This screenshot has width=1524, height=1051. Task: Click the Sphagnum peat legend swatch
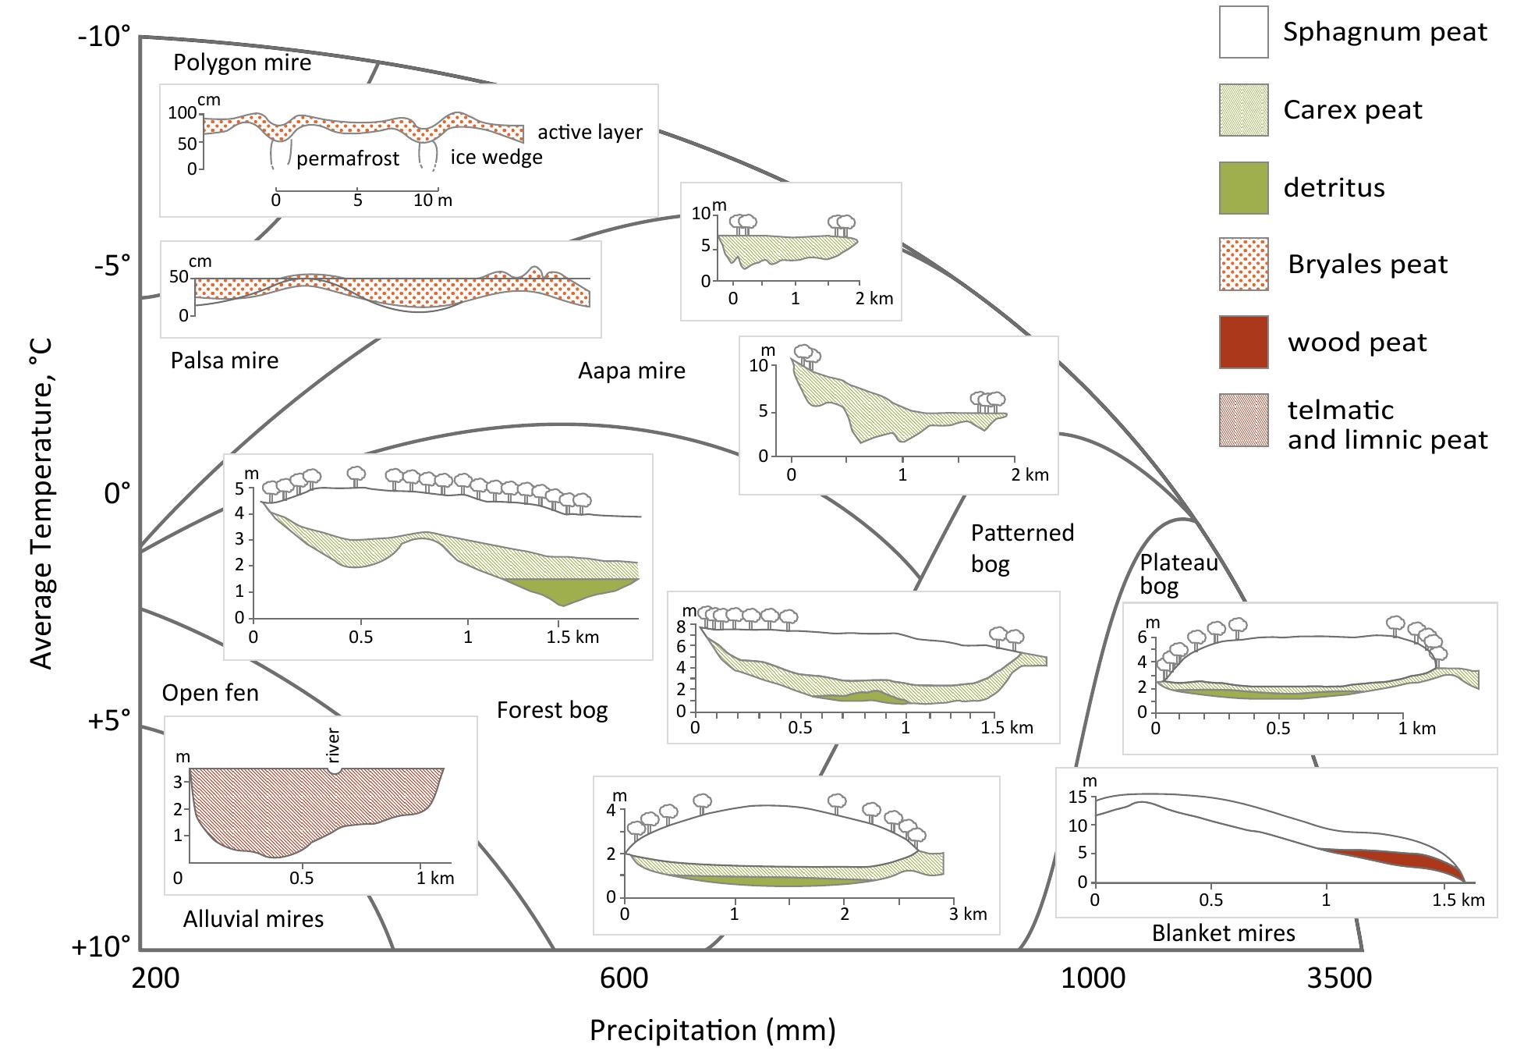click(1244, 32)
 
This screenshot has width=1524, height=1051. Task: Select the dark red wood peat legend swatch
click(1244, 342)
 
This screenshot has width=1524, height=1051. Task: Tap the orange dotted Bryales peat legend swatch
click(1244, 265)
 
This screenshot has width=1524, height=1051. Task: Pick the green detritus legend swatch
click(1244, 187)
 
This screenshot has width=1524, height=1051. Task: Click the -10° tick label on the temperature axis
click(104, 37)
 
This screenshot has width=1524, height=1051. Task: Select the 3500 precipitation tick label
click(1338, 978)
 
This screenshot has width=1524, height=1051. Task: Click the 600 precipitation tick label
click(624, 978)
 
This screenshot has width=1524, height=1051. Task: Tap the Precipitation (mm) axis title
click(712, 1031)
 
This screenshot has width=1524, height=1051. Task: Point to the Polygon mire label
click(242, 63)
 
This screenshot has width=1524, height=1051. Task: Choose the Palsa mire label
click(225, 360)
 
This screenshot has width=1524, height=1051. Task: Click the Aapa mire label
click(632, 371)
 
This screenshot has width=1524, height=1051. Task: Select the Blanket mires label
click(1223, 933)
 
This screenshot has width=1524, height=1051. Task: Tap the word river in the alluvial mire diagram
click(334, 745)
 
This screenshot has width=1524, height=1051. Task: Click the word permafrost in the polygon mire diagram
click(348, 158)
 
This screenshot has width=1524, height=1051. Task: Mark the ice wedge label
click(496, 157)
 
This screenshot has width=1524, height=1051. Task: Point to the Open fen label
click(211, 693)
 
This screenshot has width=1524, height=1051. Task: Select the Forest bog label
click(552, 710)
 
